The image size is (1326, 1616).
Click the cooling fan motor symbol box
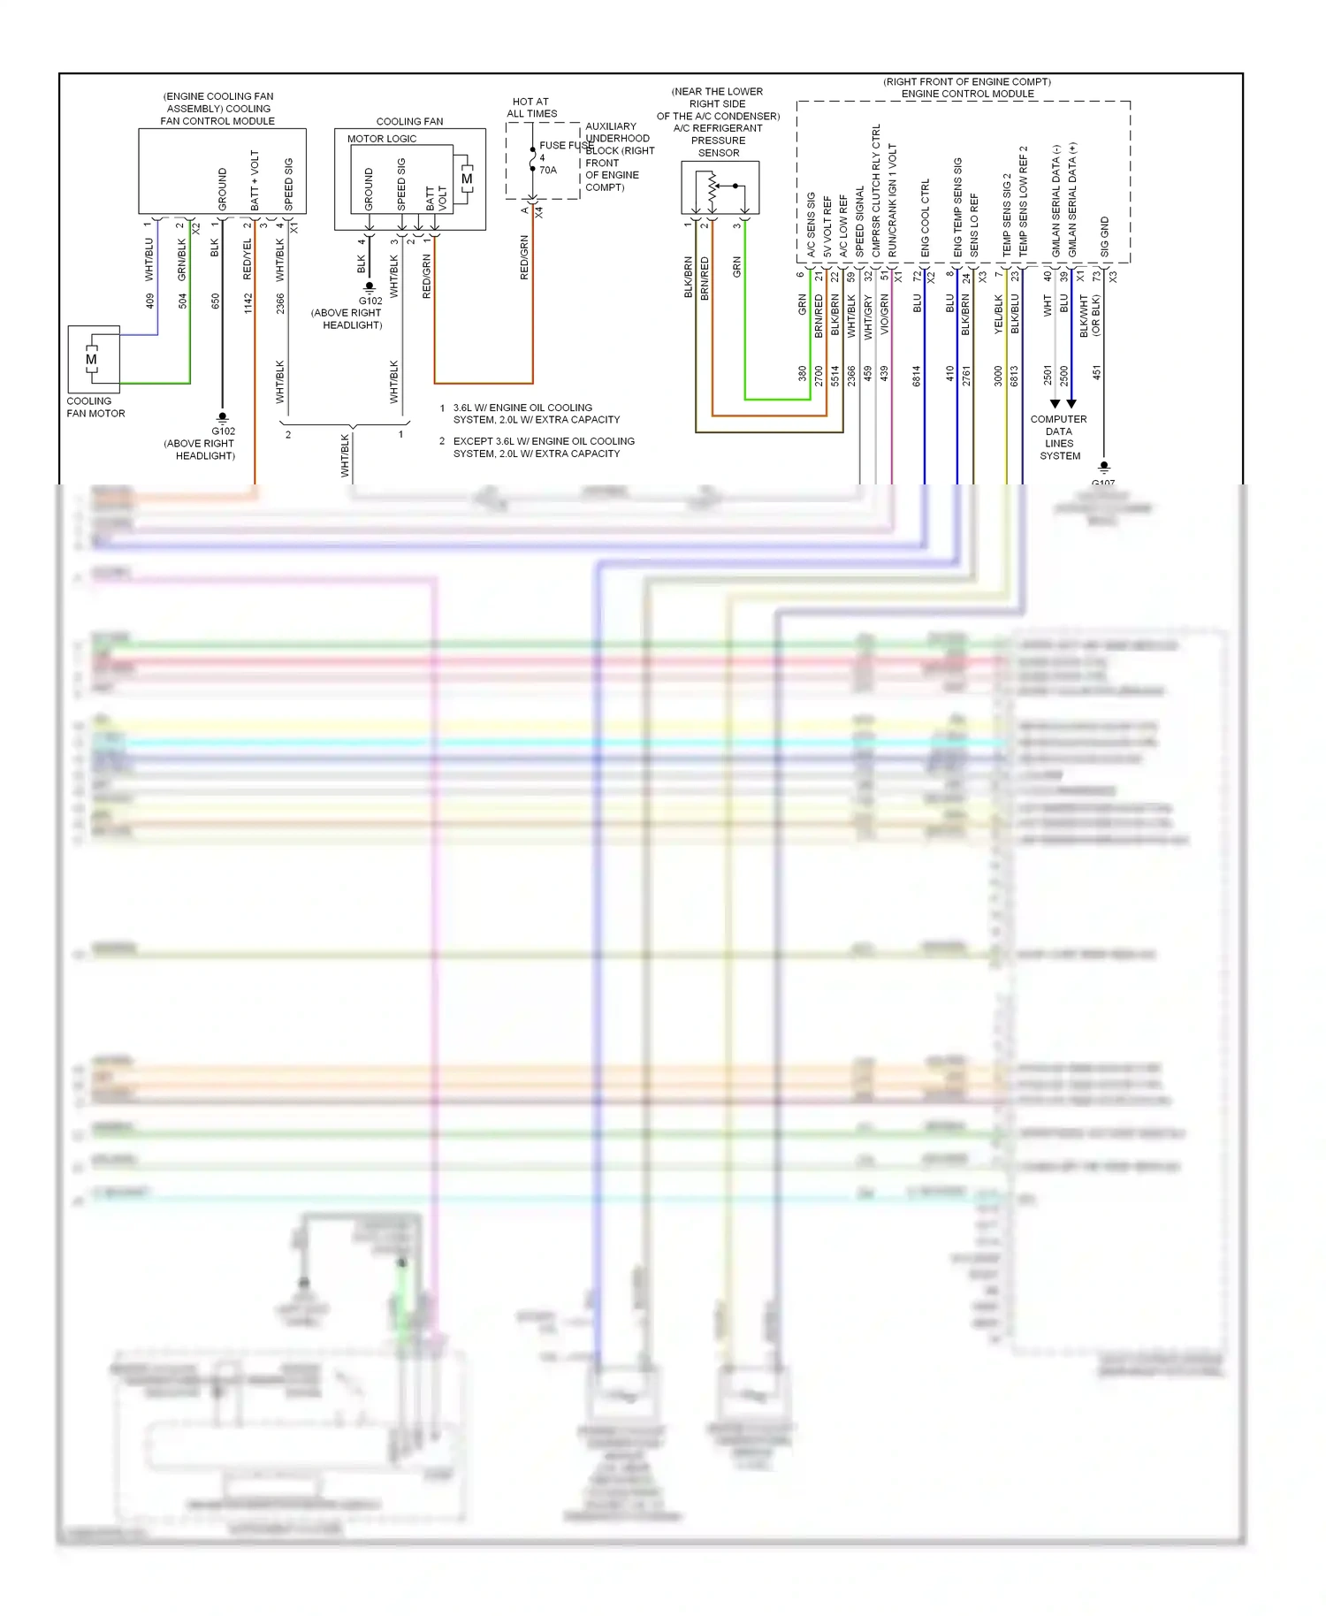point(93,359)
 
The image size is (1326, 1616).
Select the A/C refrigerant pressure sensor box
point(720,187)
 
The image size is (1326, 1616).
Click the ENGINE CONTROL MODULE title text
point(967,94)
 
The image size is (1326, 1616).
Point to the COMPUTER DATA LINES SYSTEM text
point(1059,438)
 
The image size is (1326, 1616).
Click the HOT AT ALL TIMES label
point(531,108)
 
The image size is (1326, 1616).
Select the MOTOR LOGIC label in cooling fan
point(381,139)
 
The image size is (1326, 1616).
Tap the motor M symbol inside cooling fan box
point(466,179)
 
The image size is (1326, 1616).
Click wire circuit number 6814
point(917,376)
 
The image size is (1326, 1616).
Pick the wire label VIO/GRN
point(884,316)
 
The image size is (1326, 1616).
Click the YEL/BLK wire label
point(999,314)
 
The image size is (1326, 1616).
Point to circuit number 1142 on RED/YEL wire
point(248,303)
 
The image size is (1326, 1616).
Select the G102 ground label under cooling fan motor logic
point(370,301)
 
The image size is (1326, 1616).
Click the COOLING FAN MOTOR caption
point(95,408)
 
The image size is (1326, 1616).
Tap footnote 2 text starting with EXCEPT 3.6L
point(543,447)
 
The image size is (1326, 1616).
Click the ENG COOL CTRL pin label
point(926,218)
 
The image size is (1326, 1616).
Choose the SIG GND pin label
point(1104,237)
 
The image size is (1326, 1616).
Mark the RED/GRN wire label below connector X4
point(524,257)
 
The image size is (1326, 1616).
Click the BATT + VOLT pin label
point(255,180)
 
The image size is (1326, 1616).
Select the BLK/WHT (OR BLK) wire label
point(1090,316)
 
